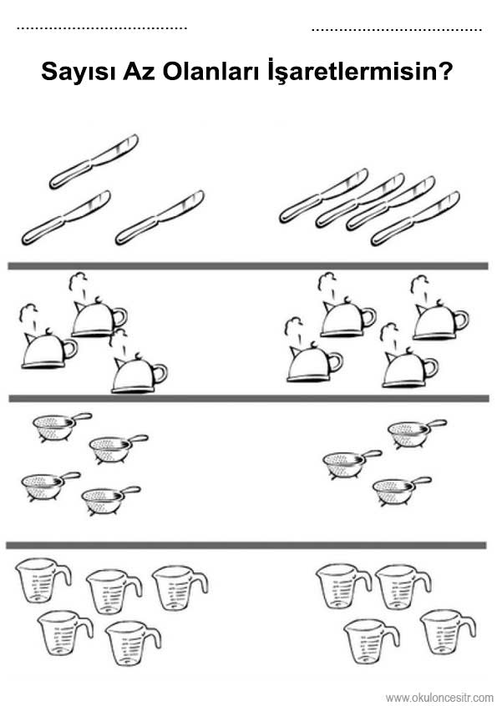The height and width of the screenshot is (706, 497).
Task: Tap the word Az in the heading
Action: pyautogui.click(x=139, y=71)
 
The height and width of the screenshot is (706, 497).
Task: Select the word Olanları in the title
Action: pyautogui.click(x=210, y=71)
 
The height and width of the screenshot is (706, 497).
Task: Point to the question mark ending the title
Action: pyautogui.click(x=444, y=71)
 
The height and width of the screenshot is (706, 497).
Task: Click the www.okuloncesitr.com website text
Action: pyautogui.click(x=439, y=698)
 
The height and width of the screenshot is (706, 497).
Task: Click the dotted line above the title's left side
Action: pyautogui.click(x=102, y=28)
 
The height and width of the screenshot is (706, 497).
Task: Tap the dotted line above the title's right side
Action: pyautogui.click(x=397, y=30)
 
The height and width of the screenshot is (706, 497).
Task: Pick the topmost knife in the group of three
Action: pyautogui.click(x=94, y=161)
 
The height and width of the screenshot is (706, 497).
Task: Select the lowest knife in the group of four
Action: pyautogui.click(x=415, y=219)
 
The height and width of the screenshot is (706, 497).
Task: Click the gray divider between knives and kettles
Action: pyautogui.click(x=248, y=266)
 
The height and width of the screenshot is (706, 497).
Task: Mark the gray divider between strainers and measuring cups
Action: pyautogui.click(x=246, y=545)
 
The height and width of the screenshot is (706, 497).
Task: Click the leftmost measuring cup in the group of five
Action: pyautogui.click(x=43, y=581)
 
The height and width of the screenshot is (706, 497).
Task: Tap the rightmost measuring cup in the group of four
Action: pyautogui.click(x=448, y=632)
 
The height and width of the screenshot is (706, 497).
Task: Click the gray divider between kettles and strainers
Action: pyautogui.click(x=249, y=398)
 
